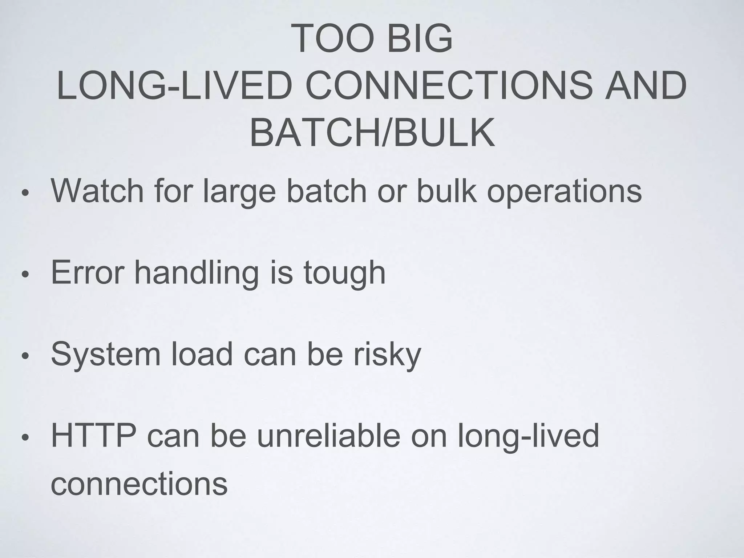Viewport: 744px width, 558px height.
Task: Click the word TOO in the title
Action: (332, 39)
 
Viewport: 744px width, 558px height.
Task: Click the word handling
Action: (196, 274)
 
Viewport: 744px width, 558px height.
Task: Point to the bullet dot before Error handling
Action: (25, 275)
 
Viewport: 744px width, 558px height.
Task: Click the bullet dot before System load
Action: (25, 356)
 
